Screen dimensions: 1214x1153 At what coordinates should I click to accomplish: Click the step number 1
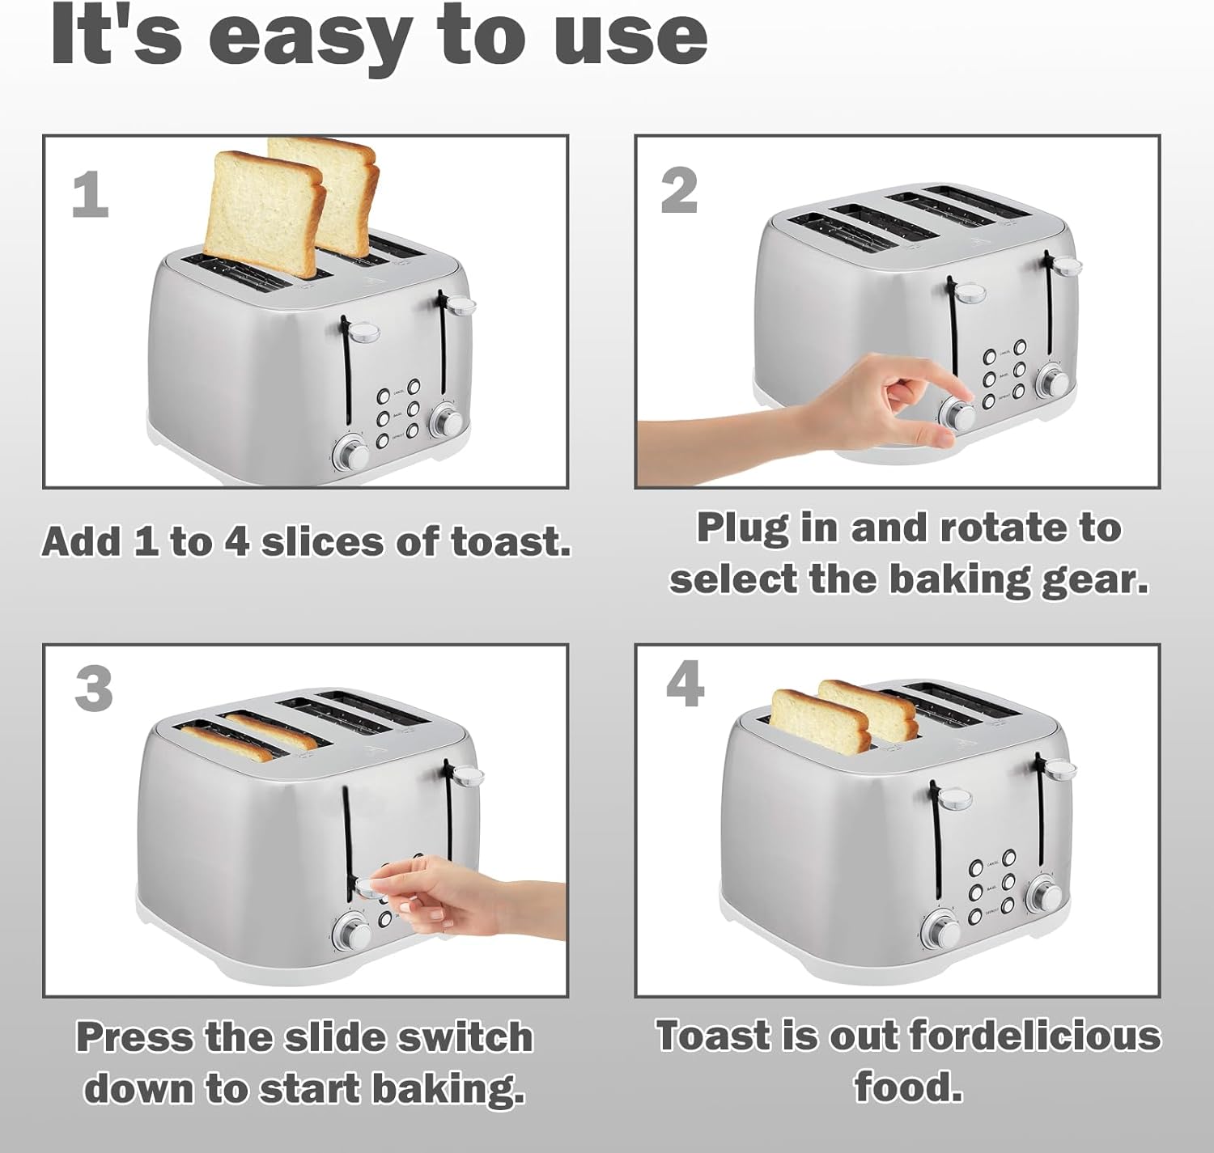click(x=91, y=194)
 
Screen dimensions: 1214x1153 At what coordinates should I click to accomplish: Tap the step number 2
click(x=679, y=191)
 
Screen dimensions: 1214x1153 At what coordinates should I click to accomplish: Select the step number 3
click(x=94, y=688)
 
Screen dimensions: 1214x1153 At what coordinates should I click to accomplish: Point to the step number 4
click(x=686, y=684)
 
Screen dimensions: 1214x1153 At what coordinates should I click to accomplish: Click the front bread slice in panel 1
click(x=265, y=215)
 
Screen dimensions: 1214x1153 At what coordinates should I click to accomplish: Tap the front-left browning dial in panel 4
click(x=941, y=931)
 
